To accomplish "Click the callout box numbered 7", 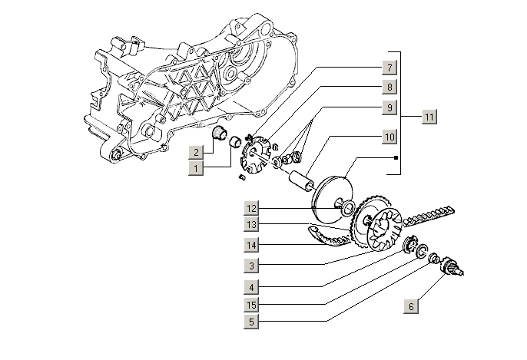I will click(x=389, y=67).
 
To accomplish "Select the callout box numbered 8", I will click(x=389, y=88).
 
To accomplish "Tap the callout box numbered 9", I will click(x=389, y=108).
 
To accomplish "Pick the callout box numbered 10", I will click(x=389, y=137).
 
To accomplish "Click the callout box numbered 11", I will click(x=429, y=117).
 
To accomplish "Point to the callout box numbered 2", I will click(x=197, y=151).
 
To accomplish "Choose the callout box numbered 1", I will click(x=197, y=167).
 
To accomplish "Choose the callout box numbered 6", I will click(x=411, y=306).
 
